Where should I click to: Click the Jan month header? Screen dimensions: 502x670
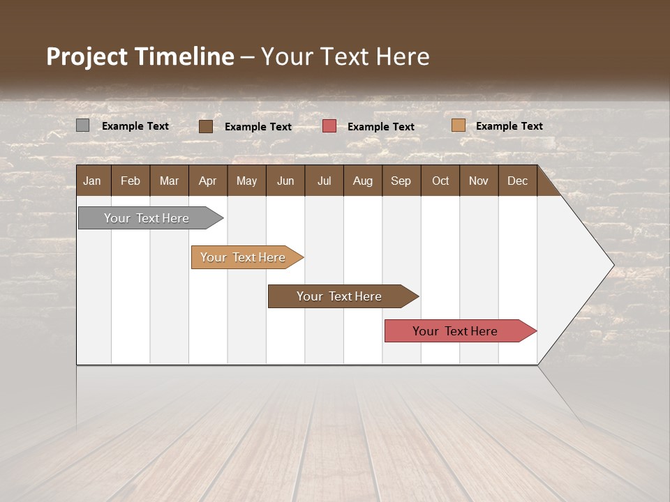[x=93, y=181]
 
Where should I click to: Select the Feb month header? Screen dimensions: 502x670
[x=131, y=181]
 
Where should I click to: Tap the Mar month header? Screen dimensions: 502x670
[x=169, y=181]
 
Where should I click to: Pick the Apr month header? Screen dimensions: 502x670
[x=208, y=181]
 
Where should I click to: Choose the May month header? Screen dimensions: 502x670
[x=246, y=181]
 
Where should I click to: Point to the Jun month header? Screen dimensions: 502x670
[x=285, y=181]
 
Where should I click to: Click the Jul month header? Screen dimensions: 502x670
[x=324, y=181]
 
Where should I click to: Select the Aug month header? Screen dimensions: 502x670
[x=363, y=181]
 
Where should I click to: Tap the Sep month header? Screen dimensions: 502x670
[x=401, y=181]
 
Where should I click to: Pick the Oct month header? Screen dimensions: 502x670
[x=440, y=181]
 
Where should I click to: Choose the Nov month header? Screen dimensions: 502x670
[x=479, y=181]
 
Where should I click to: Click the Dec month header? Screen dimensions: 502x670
[x=518, y=181]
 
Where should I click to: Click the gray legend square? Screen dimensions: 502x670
[x=83, y=125]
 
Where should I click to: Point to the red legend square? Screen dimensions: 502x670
[x=329, y=126]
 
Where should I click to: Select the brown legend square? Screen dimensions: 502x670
[x=206, y=126]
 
